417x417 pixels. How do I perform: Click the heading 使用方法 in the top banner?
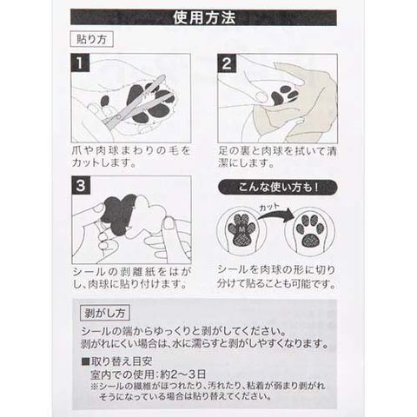point(204,17)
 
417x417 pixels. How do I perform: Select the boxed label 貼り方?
point(91,39)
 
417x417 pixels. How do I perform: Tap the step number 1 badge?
point(80,63)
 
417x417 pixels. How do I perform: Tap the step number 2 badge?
point(227,63)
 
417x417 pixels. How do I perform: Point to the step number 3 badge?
point(81,185)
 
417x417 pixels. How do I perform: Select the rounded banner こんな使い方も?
point(278,188)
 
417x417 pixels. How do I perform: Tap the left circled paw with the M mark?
point(242,232)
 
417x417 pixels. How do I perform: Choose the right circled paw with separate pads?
point(310,232)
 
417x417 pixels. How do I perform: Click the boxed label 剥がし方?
point(104,313)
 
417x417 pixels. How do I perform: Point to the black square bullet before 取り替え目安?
point(86,361)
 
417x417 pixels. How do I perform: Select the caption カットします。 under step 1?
point(103,163)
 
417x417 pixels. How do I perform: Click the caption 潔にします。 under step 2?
point(246,163)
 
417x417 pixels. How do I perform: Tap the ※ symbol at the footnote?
point(95,387)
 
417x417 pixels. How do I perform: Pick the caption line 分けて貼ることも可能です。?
point(276,283)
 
